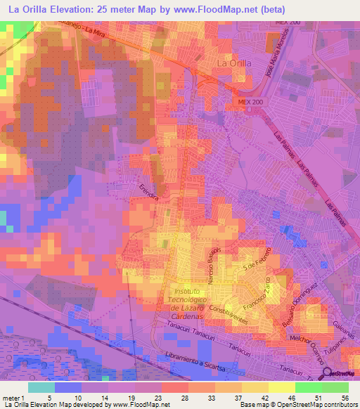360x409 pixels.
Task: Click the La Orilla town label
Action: coord(231,64)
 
